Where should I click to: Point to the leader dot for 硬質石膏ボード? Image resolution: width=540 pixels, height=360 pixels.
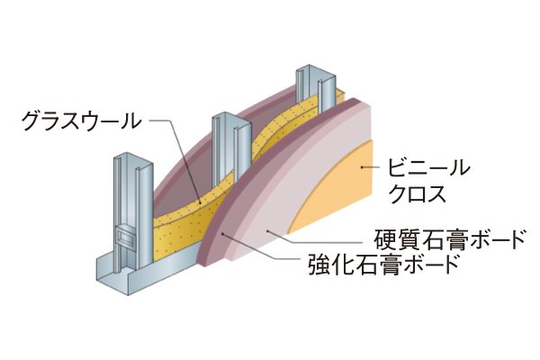pyautogui.click(x=267, y=231)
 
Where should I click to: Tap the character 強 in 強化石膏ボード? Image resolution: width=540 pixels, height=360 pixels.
pyautogui.click(x=308, y=265)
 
